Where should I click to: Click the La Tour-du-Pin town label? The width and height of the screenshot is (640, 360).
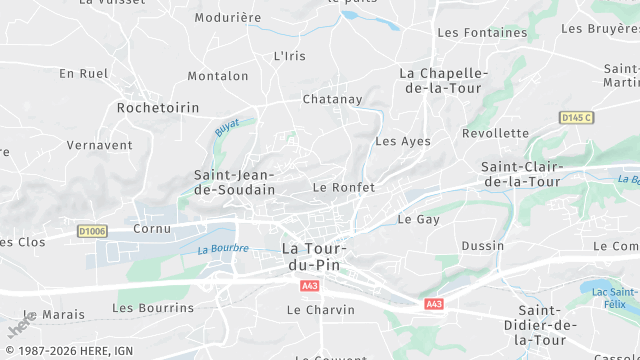pos(314,256)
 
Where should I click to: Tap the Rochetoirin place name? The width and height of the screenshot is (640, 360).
pos(158,107)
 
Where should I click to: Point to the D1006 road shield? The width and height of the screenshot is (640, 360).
pos(92,232)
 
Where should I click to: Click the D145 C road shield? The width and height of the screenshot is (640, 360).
pos(576,118)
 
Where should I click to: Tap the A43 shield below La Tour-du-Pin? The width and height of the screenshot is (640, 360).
pos(308,286)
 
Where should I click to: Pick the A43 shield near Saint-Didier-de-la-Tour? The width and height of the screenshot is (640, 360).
pos(433,304)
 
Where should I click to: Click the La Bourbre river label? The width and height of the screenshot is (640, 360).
pos(222,249)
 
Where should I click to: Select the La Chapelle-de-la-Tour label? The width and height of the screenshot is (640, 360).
pos(443,81)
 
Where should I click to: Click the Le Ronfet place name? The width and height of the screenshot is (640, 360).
pos(344,187)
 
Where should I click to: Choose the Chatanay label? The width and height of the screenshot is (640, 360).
pos(332,99)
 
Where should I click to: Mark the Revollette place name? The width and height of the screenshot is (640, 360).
pos(495,133)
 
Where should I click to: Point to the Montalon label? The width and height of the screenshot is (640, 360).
pos(218,76)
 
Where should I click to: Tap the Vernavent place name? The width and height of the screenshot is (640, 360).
pos(99,145)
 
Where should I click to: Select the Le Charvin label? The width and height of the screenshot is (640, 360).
pos(321,310)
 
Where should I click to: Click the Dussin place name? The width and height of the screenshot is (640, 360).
pos(482,246)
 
